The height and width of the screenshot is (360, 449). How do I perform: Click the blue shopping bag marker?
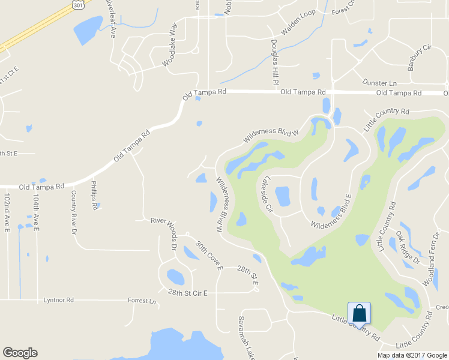tap(359, 314)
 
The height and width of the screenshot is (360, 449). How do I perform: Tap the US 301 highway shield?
tap(77, 4)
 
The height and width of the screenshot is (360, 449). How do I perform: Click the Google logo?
tap(20, 353)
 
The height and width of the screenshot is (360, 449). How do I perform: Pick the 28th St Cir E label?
tap(187, 293)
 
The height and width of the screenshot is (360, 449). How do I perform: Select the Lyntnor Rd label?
tap(58, 299)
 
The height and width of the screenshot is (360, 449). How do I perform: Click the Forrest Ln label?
tap(142, 300)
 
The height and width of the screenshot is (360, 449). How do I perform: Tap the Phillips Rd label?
tap(94, 195)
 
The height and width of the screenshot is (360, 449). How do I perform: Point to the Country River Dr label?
tap(74, 210)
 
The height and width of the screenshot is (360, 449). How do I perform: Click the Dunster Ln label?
tap(379, 83)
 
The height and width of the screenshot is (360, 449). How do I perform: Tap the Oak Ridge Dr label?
tap(408, 247)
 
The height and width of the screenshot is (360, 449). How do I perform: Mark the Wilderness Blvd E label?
tap(331, 212)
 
